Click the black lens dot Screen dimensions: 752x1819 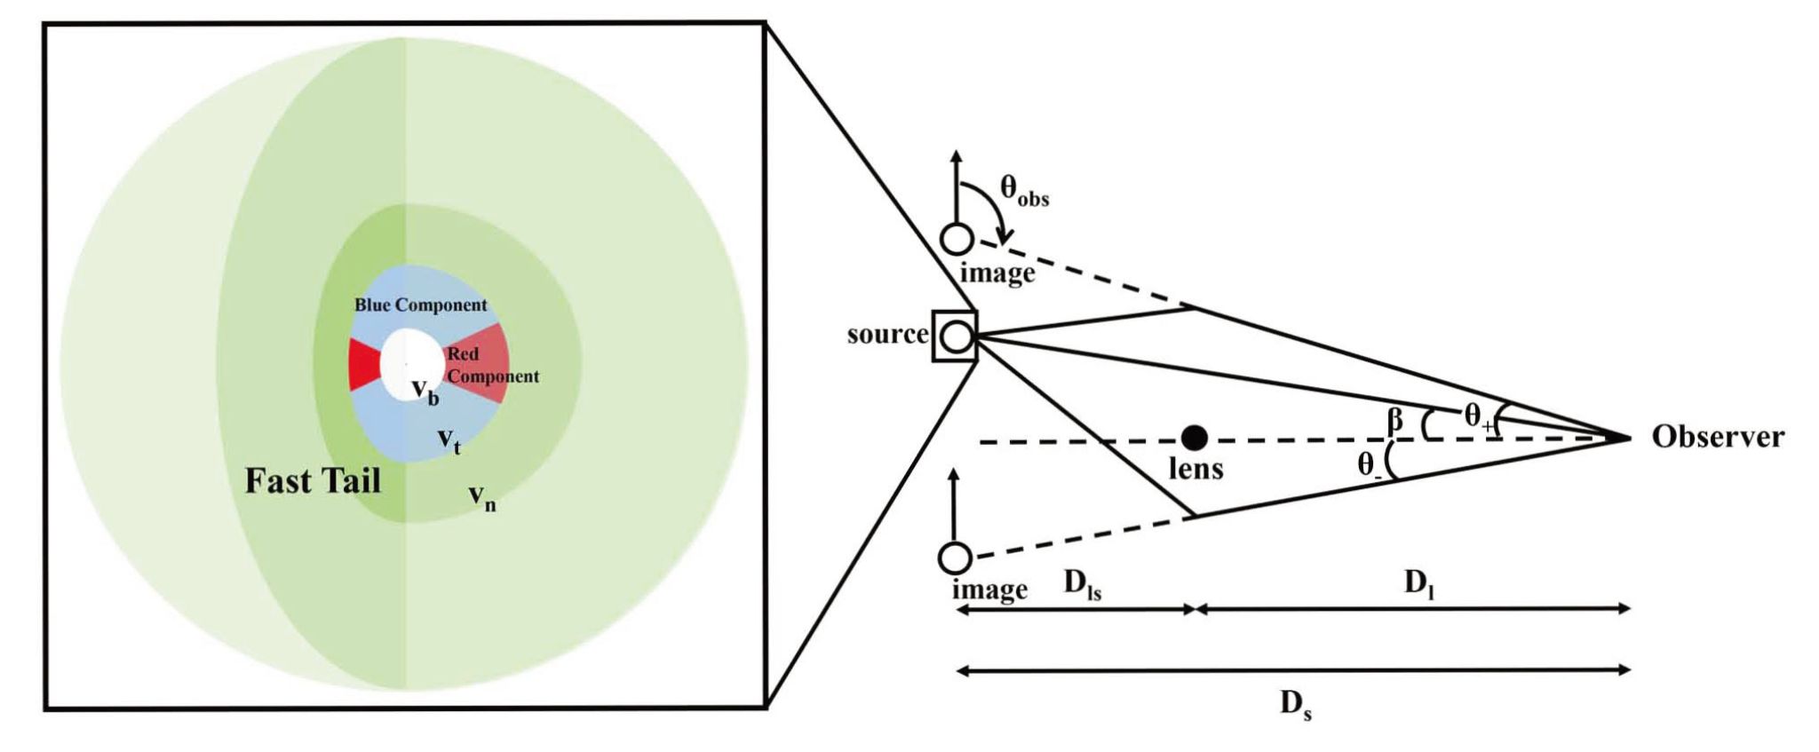(1194, 437)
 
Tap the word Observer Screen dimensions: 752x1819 (1717, 437)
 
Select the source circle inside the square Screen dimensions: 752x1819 (956, 336)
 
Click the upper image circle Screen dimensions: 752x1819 (957, 239)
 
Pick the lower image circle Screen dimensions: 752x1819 (955, 558)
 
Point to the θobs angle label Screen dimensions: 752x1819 (1024, 189)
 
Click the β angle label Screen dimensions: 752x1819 (1396, 419)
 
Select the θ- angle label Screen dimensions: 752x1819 (1369, 465)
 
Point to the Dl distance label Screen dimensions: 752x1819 (1418, 583)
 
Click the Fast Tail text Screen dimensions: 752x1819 (313, 481)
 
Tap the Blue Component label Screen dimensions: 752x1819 (421, 305)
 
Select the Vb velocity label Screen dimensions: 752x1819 (425, 391)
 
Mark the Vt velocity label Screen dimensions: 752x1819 (449, 439)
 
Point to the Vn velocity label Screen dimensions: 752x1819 (481, 499)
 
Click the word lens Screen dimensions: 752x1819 (1195, 468)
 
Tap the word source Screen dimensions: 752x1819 (886, 335)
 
